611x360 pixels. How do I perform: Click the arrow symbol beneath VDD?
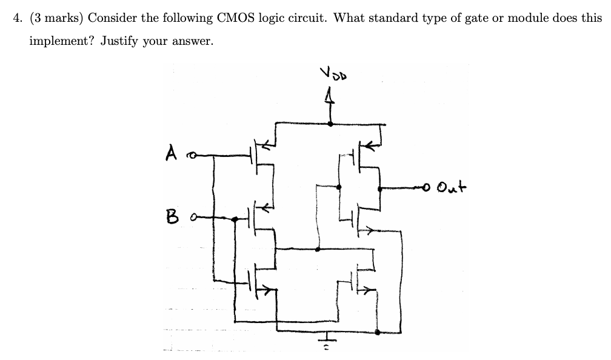pos(330,97)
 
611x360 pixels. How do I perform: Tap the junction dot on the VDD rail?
pos(330,124)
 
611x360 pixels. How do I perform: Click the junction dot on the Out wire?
pos(380,188)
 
